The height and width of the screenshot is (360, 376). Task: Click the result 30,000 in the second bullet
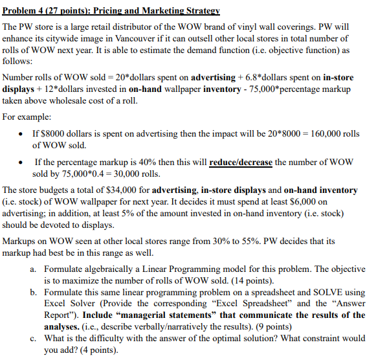click(138, 174)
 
